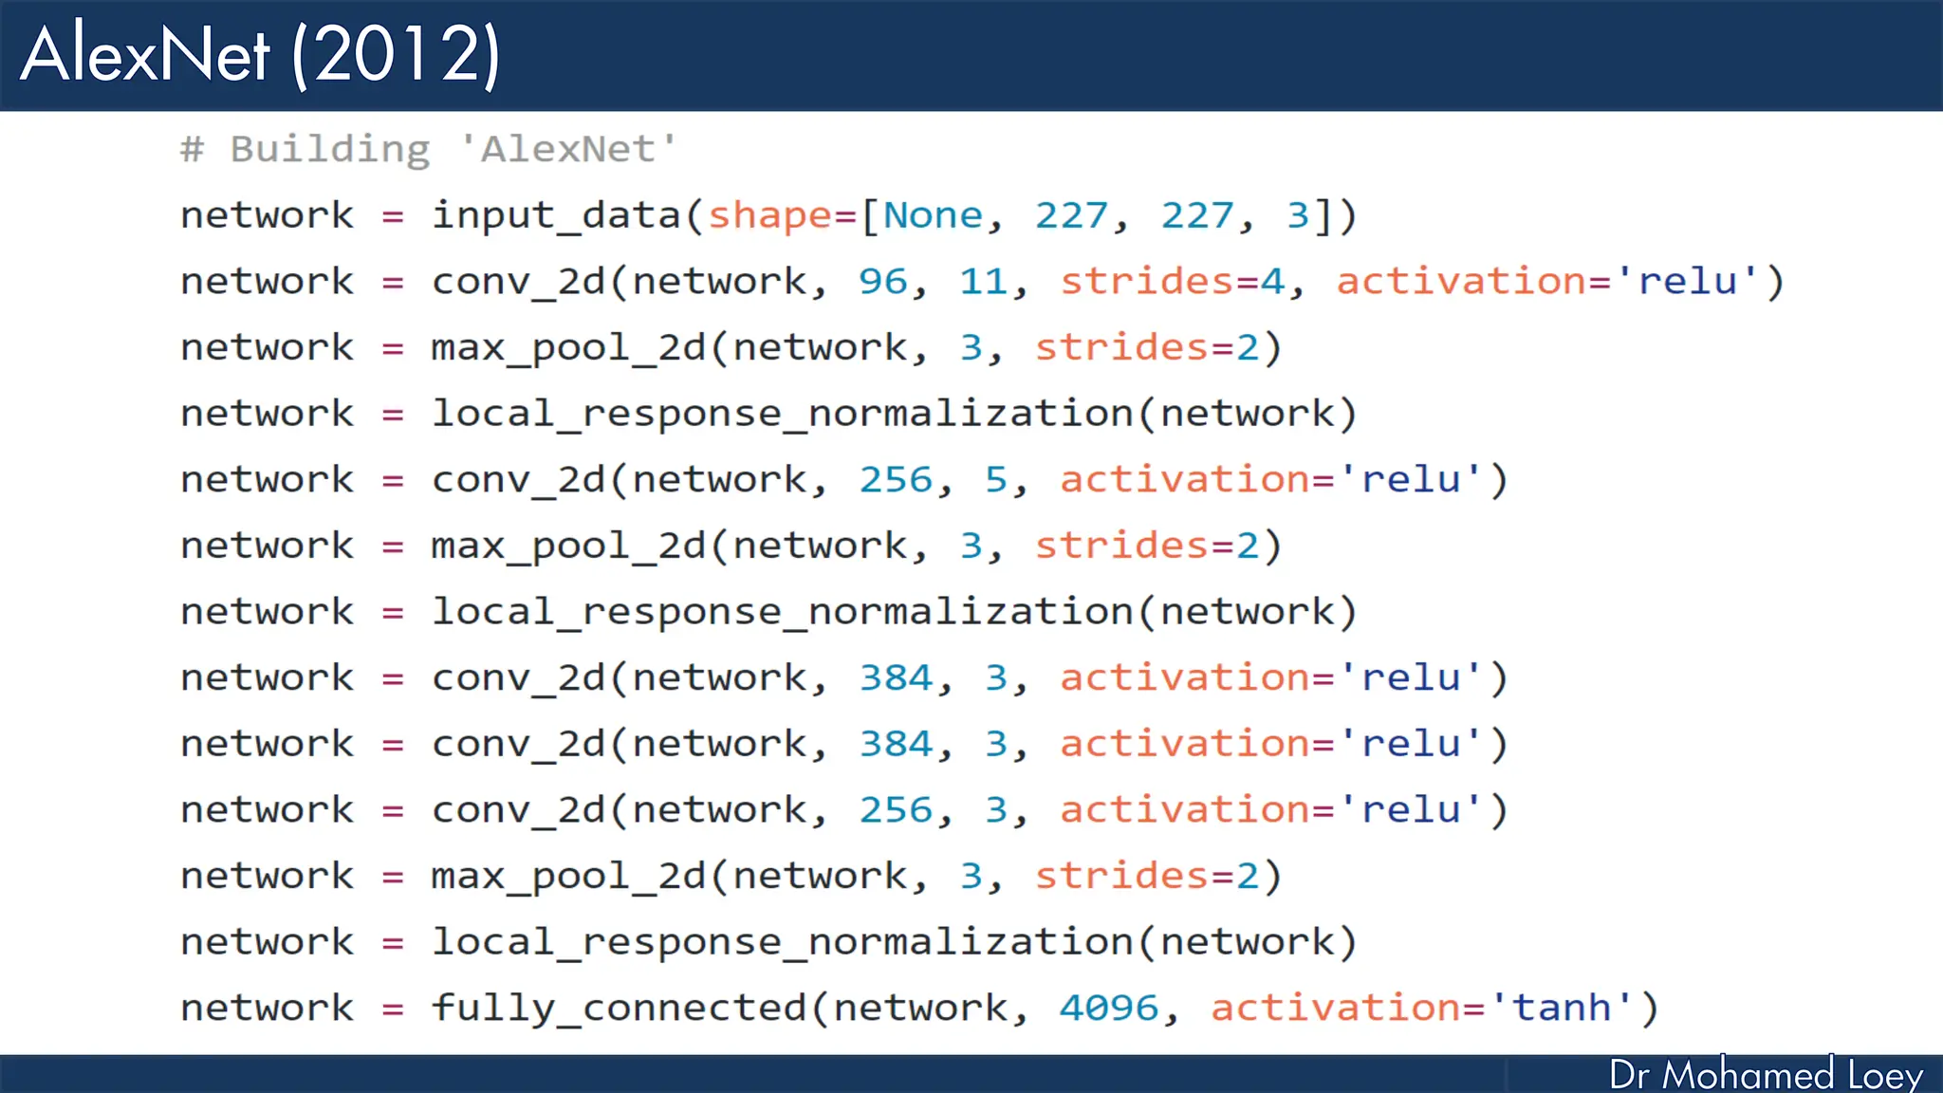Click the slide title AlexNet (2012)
point(260,55)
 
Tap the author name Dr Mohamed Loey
point(1766,1074)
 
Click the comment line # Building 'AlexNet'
point(429,149)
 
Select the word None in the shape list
point(933,215)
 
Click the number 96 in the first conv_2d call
point(882,282)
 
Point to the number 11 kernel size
point(983,282)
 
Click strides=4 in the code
point(1173,282)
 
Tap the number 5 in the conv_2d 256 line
point(995,480)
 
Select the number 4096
point(1109,1008)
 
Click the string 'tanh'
point(1562,1008)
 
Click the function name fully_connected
point(619,1008)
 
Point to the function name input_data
point(556,216)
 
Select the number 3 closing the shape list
point(1297,215)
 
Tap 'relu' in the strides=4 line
point(1688,282)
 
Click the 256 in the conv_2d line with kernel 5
point(896,480)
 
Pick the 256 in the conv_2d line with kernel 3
point(896,810)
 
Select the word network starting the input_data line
point(267,215)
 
